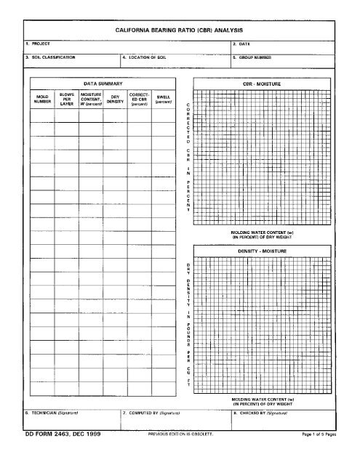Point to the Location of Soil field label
tap(151, 56)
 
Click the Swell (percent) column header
tap(163, 99)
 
